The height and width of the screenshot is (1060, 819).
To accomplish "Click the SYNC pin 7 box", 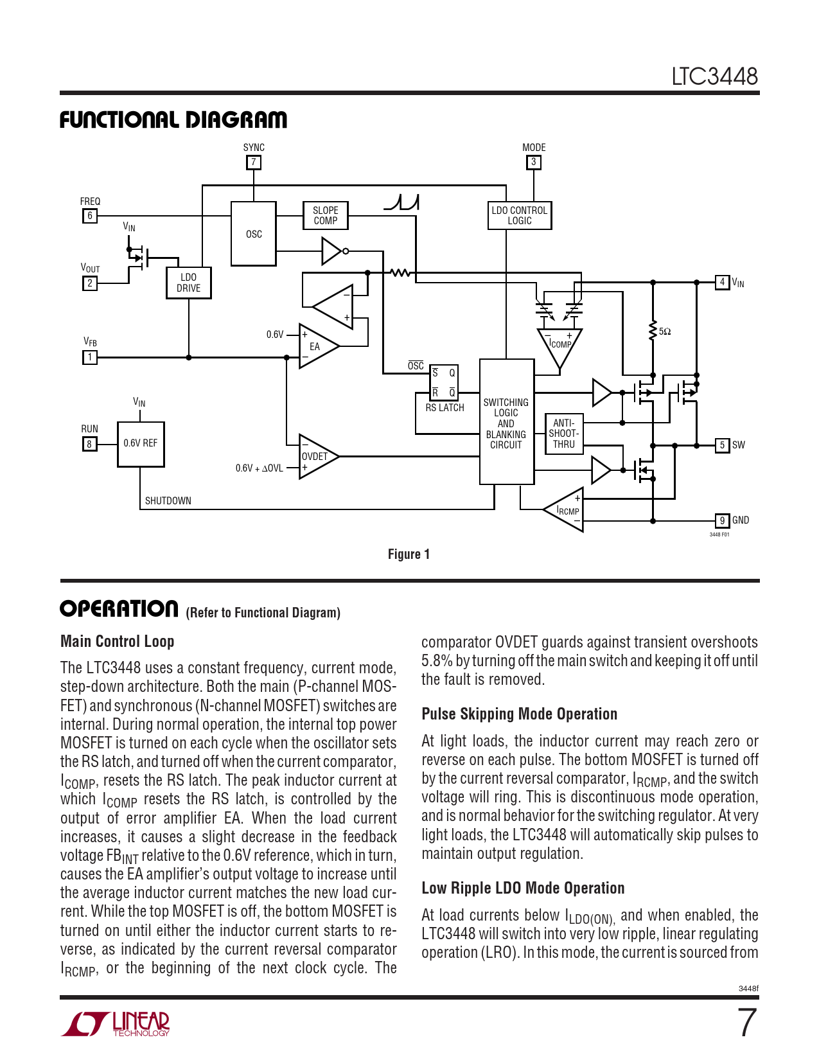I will coord(254,163).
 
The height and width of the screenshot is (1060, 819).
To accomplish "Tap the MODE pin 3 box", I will coord(533,163).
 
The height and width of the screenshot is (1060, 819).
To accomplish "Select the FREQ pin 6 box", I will coord(90,216).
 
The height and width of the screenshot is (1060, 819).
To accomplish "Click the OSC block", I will coord(254,234).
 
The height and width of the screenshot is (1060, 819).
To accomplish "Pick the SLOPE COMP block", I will coord(326,216).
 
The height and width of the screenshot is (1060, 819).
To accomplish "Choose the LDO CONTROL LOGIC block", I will coord(519,216).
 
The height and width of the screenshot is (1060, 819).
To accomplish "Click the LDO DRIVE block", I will coord(188,283).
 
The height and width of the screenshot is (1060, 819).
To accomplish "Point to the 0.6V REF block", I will coord(141,443).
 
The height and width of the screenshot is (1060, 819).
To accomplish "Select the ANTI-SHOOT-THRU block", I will coord(563,434).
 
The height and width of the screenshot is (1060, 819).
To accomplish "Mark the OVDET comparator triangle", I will coord(316,456).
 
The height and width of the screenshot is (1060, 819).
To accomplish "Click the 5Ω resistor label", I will coord(665,331).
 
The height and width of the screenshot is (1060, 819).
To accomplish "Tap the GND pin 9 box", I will coord(723,521).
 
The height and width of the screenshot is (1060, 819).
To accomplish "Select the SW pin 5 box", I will coord(723,445).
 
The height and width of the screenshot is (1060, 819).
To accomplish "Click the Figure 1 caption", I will coord(409,554).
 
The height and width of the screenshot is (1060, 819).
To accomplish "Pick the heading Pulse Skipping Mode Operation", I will coord(519,714).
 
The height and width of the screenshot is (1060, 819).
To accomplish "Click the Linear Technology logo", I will coord(116,1023).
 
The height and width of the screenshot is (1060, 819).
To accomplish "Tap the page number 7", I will coord(746,1023).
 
